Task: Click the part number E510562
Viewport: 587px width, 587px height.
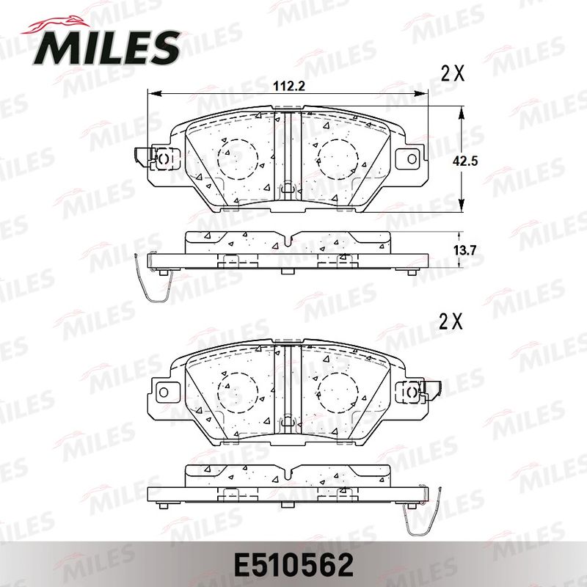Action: (293, 565)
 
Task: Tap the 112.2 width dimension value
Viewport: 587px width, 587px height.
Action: (289, 87)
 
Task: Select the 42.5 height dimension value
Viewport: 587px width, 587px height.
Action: (465, 161)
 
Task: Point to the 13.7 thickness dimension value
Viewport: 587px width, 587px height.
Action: (464, 250)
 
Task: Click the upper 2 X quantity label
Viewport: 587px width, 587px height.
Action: (453, 73)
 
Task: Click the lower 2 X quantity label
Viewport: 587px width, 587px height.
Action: (451, 321)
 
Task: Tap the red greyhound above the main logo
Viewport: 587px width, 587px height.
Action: (56, 26)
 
